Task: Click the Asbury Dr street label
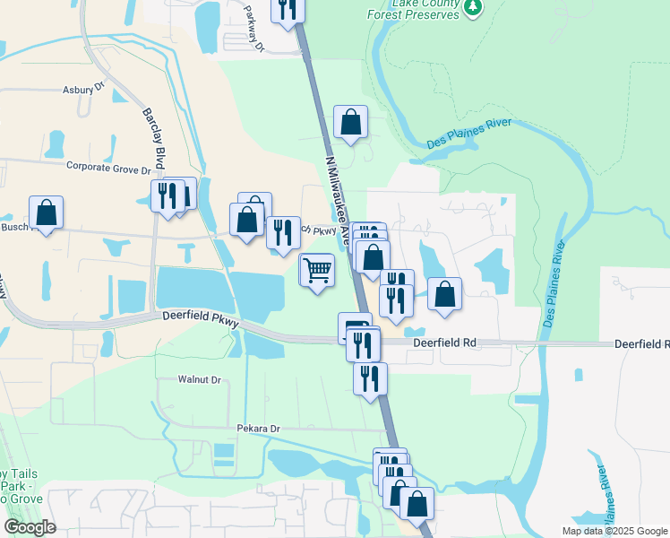pyautogui.click(x=83, y=90)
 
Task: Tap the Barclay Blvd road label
pyautogui.click(x=155, y=139)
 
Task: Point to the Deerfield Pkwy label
pyautogui.click(x=200, y=317)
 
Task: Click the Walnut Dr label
pyautogui.click(x=199, y=380)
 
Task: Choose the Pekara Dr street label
pyautogui.click(x=259, y=430)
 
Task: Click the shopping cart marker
pyautogui.click(x=317, y=268)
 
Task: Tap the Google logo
pyautogui.click(x=30, y=527)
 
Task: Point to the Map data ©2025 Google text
pyautogui.click(x=615, y=531)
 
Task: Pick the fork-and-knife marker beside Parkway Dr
pyautogui.click(x=287, y=9)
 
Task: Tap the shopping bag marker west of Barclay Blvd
pyautogui.click(x=46, y=213)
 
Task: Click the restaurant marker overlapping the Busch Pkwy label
pyautogui.click(x=283, y=232)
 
